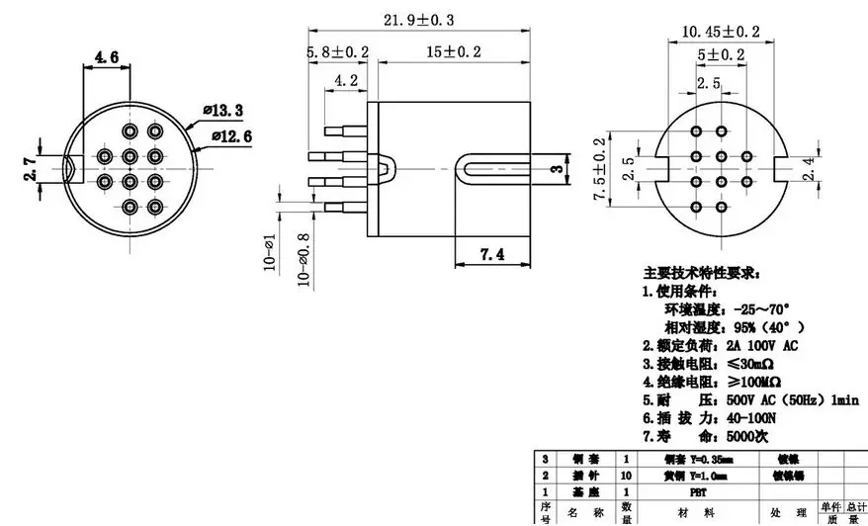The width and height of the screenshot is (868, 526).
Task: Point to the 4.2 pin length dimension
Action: pyautogui.click(x=346, y=80)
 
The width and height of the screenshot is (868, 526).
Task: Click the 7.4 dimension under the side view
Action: pyautogui.click(x=491, y=254)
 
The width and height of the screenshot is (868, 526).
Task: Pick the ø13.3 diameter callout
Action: pyautogui.click(x=222, y=109)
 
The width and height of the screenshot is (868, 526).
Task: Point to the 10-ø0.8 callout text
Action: pyautogui.click(x=304, y=258)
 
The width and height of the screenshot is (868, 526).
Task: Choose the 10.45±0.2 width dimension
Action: pyautogui.click(x=721, y=32)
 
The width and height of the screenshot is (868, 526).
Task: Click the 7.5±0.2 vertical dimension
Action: pyautogui.click(x=599, y=170)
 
